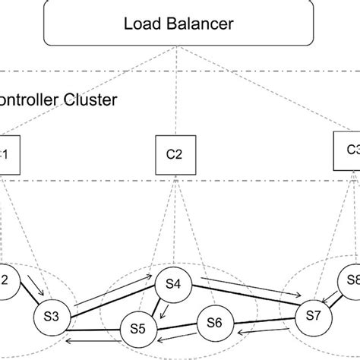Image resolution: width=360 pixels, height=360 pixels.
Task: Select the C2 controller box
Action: click(x=174, y=153)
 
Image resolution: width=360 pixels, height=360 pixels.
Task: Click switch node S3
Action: click(x=51, y=315)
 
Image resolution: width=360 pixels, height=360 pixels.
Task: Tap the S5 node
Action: click(x=138, y=329)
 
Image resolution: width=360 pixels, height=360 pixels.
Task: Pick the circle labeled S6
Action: click(x=215, y=323)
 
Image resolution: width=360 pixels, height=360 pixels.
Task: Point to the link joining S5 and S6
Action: click(x=176, y=327)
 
